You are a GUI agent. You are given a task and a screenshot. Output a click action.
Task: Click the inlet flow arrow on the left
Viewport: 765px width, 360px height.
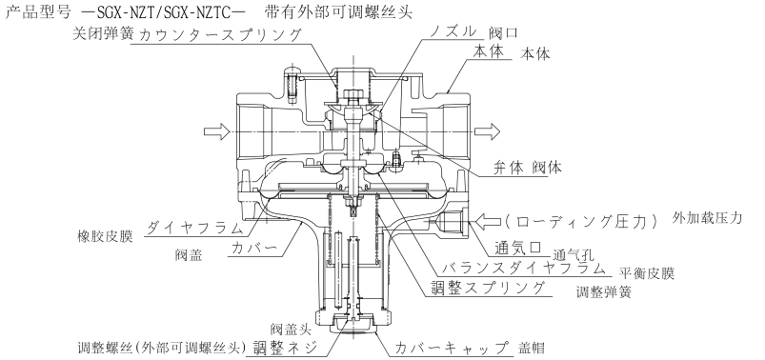pyautogui.click(x=216, y=131)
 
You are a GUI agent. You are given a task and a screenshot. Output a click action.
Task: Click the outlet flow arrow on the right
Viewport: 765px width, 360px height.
pyautogui.click(x=488, y=131)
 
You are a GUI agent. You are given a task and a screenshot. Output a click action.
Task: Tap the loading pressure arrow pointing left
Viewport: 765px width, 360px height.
pyautogui.click(x=488, y=222)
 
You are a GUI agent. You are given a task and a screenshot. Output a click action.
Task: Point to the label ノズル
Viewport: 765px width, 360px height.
pyautogui.click(x=453, y=32)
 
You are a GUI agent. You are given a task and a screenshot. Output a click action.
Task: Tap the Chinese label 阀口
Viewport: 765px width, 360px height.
pyautogui.click(x=502, y=33)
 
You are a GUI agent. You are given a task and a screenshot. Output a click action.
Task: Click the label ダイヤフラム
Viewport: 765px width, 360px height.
pyautogui.click(x=194, y=228)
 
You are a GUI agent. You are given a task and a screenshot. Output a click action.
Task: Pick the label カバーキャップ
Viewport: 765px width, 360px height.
pyautogui.click(x=452, y=348)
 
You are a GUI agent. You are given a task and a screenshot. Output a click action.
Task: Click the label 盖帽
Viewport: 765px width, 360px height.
pyautogui.click(x=531, y=349)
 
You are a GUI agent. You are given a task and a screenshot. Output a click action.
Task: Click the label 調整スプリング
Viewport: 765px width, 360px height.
pyautogui.click(x=488, y=288)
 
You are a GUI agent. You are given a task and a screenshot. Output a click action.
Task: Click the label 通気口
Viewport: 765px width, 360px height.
pyautogui.click(x=518, y=248)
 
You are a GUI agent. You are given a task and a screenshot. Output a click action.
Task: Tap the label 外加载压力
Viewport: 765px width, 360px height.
pyautogui.click(x=707, y=218)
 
